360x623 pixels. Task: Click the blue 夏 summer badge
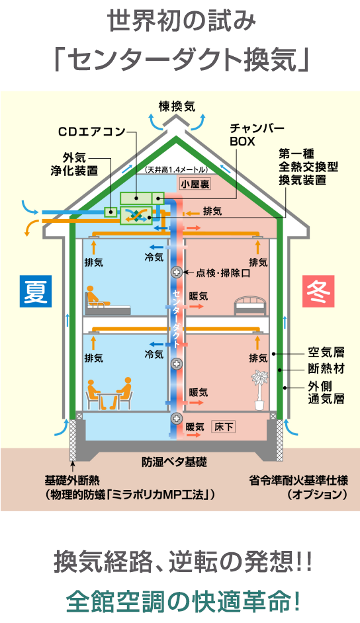[36, 291]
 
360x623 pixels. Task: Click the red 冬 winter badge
[318, 291]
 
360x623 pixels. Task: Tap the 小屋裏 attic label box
[195, 184]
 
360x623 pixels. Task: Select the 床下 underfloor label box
[223, 427]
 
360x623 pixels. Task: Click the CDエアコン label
[92, 132]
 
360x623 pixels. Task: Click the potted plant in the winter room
[259, 390]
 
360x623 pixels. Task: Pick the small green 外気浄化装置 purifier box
[110, 212]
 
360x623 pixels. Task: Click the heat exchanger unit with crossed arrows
[136, 215]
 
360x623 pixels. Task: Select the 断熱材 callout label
[326, 369]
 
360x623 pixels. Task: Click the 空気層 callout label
[326, 353]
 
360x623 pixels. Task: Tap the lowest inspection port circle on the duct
[177, 418]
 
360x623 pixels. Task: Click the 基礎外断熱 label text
[72, 481]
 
